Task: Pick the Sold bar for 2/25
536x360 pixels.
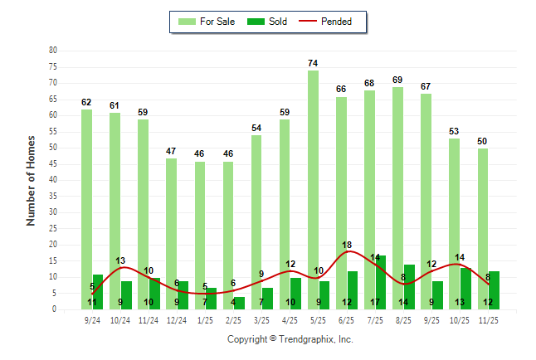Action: (x=239, y=301)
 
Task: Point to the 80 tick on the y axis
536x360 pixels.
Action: (x=52, y=51)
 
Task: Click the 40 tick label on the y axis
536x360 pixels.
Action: (x=52, y=180)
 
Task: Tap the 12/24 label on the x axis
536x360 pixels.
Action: (x=177, y=319)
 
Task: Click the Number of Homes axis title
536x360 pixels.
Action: (x=32, y=180)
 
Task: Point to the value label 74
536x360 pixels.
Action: (x=313, y=64)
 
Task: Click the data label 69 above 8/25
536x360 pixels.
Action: (x=398, y=80)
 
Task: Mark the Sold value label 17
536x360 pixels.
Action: (x=376, y=302)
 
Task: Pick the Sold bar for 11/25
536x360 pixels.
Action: (x=495, y=285)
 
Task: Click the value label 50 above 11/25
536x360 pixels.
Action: (x=483, y=142)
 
